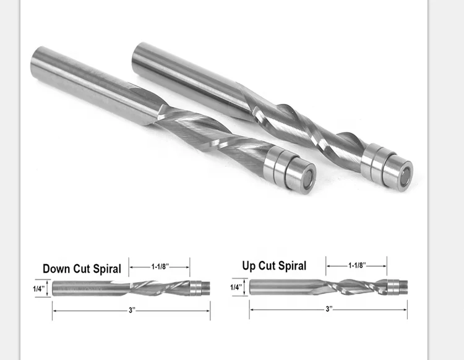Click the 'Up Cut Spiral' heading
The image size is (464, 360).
[274, 266]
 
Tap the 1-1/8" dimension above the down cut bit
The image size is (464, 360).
[160, 266]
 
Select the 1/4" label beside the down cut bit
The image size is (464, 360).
[38, 289]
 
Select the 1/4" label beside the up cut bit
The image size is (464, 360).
[236, 287]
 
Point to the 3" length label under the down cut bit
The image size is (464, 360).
[131, 311]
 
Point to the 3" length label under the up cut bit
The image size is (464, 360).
[329, 308]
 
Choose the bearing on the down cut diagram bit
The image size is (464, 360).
[197, 289]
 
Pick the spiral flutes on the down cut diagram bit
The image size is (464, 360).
[161, 289]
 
